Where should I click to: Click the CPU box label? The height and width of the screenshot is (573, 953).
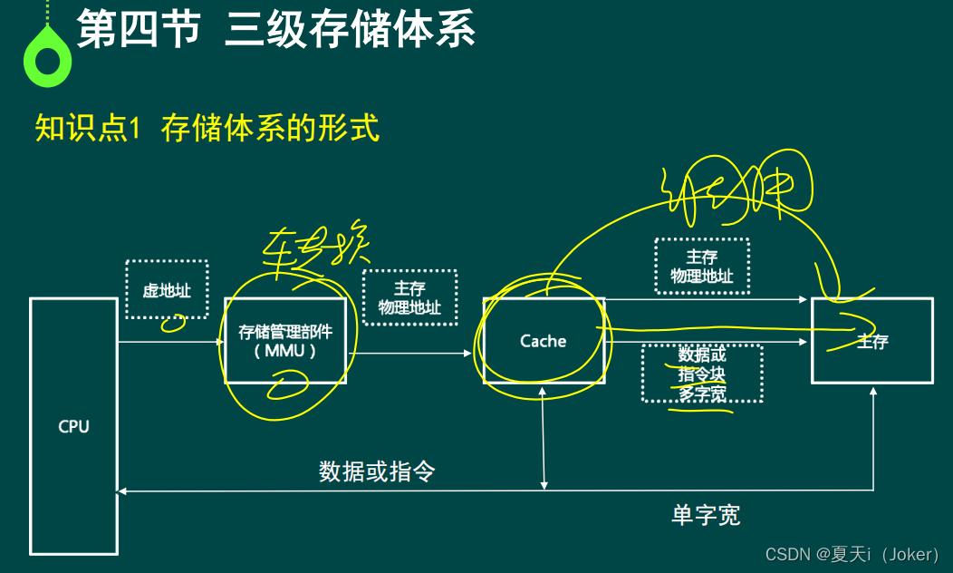tap(73, 426)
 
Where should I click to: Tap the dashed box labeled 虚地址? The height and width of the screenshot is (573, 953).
tap(167, 290)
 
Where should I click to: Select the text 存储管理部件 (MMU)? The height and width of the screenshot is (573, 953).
tap(284, 340)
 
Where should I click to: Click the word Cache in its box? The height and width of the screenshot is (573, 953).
tap(543, 341)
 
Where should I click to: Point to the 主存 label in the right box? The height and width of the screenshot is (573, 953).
tap(872, 342)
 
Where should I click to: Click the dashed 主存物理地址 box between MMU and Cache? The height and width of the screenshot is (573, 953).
tap(409, 297)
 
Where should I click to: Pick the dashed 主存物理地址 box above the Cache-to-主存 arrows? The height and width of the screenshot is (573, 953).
tap(701, 267)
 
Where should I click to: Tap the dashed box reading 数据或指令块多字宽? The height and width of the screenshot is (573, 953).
tap(701, 373)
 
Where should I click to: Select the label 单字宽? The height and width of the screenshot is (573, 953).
tap(706, 515)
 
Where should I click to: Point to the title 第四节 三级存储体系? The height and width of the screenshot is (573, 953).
tap(275, 30)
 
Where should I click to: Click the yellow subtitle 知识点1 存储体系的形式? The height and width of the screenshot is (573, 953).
tap(207, 129)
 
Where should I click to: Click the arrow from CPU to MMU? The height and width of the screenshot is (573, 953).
tap(170, 342)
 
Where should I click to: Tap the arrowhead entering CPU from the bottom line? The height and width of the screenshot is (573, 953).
tap(123, 491)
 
